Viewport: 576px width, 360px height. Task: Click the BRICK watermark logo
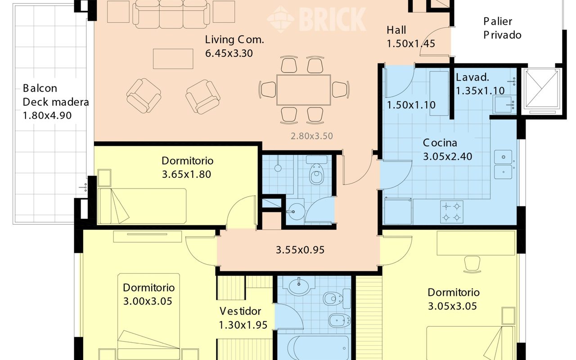click(317, 19)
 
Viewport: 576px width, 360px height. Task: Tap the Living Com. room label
click(234, 40)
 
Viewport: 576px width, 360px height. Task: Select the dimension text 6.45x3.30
click(229, 54)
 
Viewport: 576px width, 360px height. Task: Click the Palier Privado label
click(502, 28)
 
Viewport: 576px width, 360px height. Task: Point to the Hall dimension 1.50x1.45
click(411, 44)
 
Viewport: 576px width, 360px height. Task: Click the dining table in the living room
click(304, 90)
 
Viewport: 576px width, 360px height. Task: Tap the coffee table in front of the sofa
click(173, 59)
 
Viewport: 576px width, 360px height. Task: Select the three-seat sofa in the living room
click(171, 14)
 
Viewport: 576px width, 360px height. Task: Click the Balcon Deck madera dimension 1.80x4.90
click(47, 116)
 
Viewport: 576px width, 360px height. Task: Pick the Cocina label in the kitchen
click(440, 143)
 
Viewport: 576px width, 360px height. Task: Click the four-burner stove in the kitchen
click(451, 212)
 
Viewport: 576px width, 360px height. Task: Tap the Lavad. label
click(472, 77)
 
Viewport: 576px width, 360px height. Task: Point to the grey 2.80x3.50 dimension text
click(312, 136)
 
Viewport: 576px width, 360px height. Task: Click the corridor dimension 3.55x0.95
click(300, 250)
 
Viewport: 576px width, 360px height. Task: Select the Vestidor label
click(240, 311)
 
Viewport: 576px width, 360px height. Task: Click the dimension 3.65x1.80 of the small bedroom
click(186, 174)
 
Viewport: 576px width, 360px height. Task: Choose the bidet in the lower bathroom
click(339, 320)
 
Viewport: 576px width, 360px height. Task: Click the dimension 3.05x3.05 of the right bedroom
click(452, 306)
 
